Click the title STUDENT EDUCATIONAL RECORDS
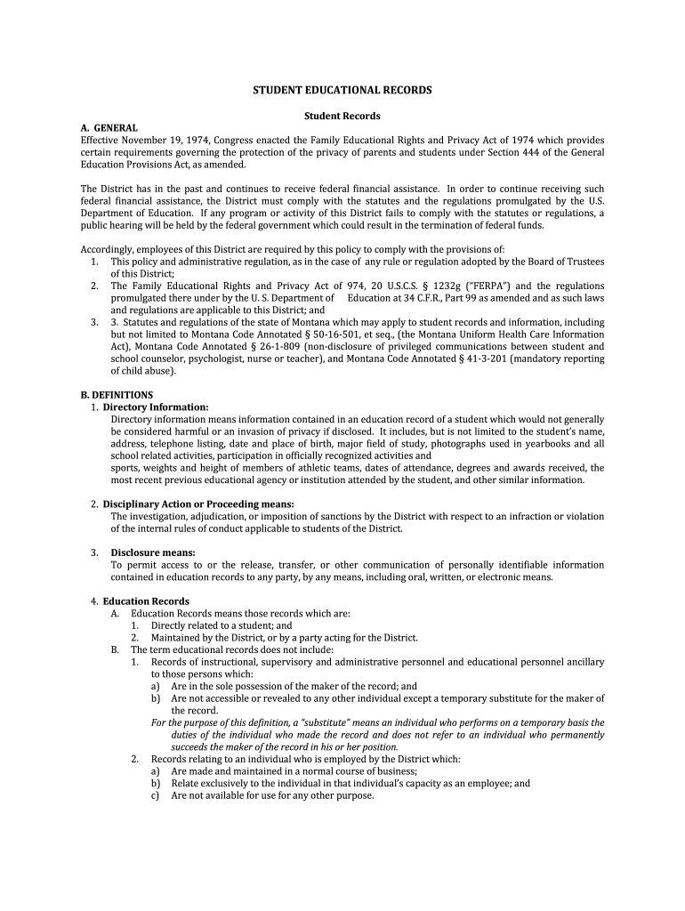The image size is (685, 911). [342, 91]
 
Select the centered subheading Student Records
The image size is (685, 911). [342, 116]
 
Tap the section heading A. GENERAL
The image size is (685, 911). [109, 128]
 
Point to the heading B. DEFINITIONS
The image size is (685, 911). [117, 394]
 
